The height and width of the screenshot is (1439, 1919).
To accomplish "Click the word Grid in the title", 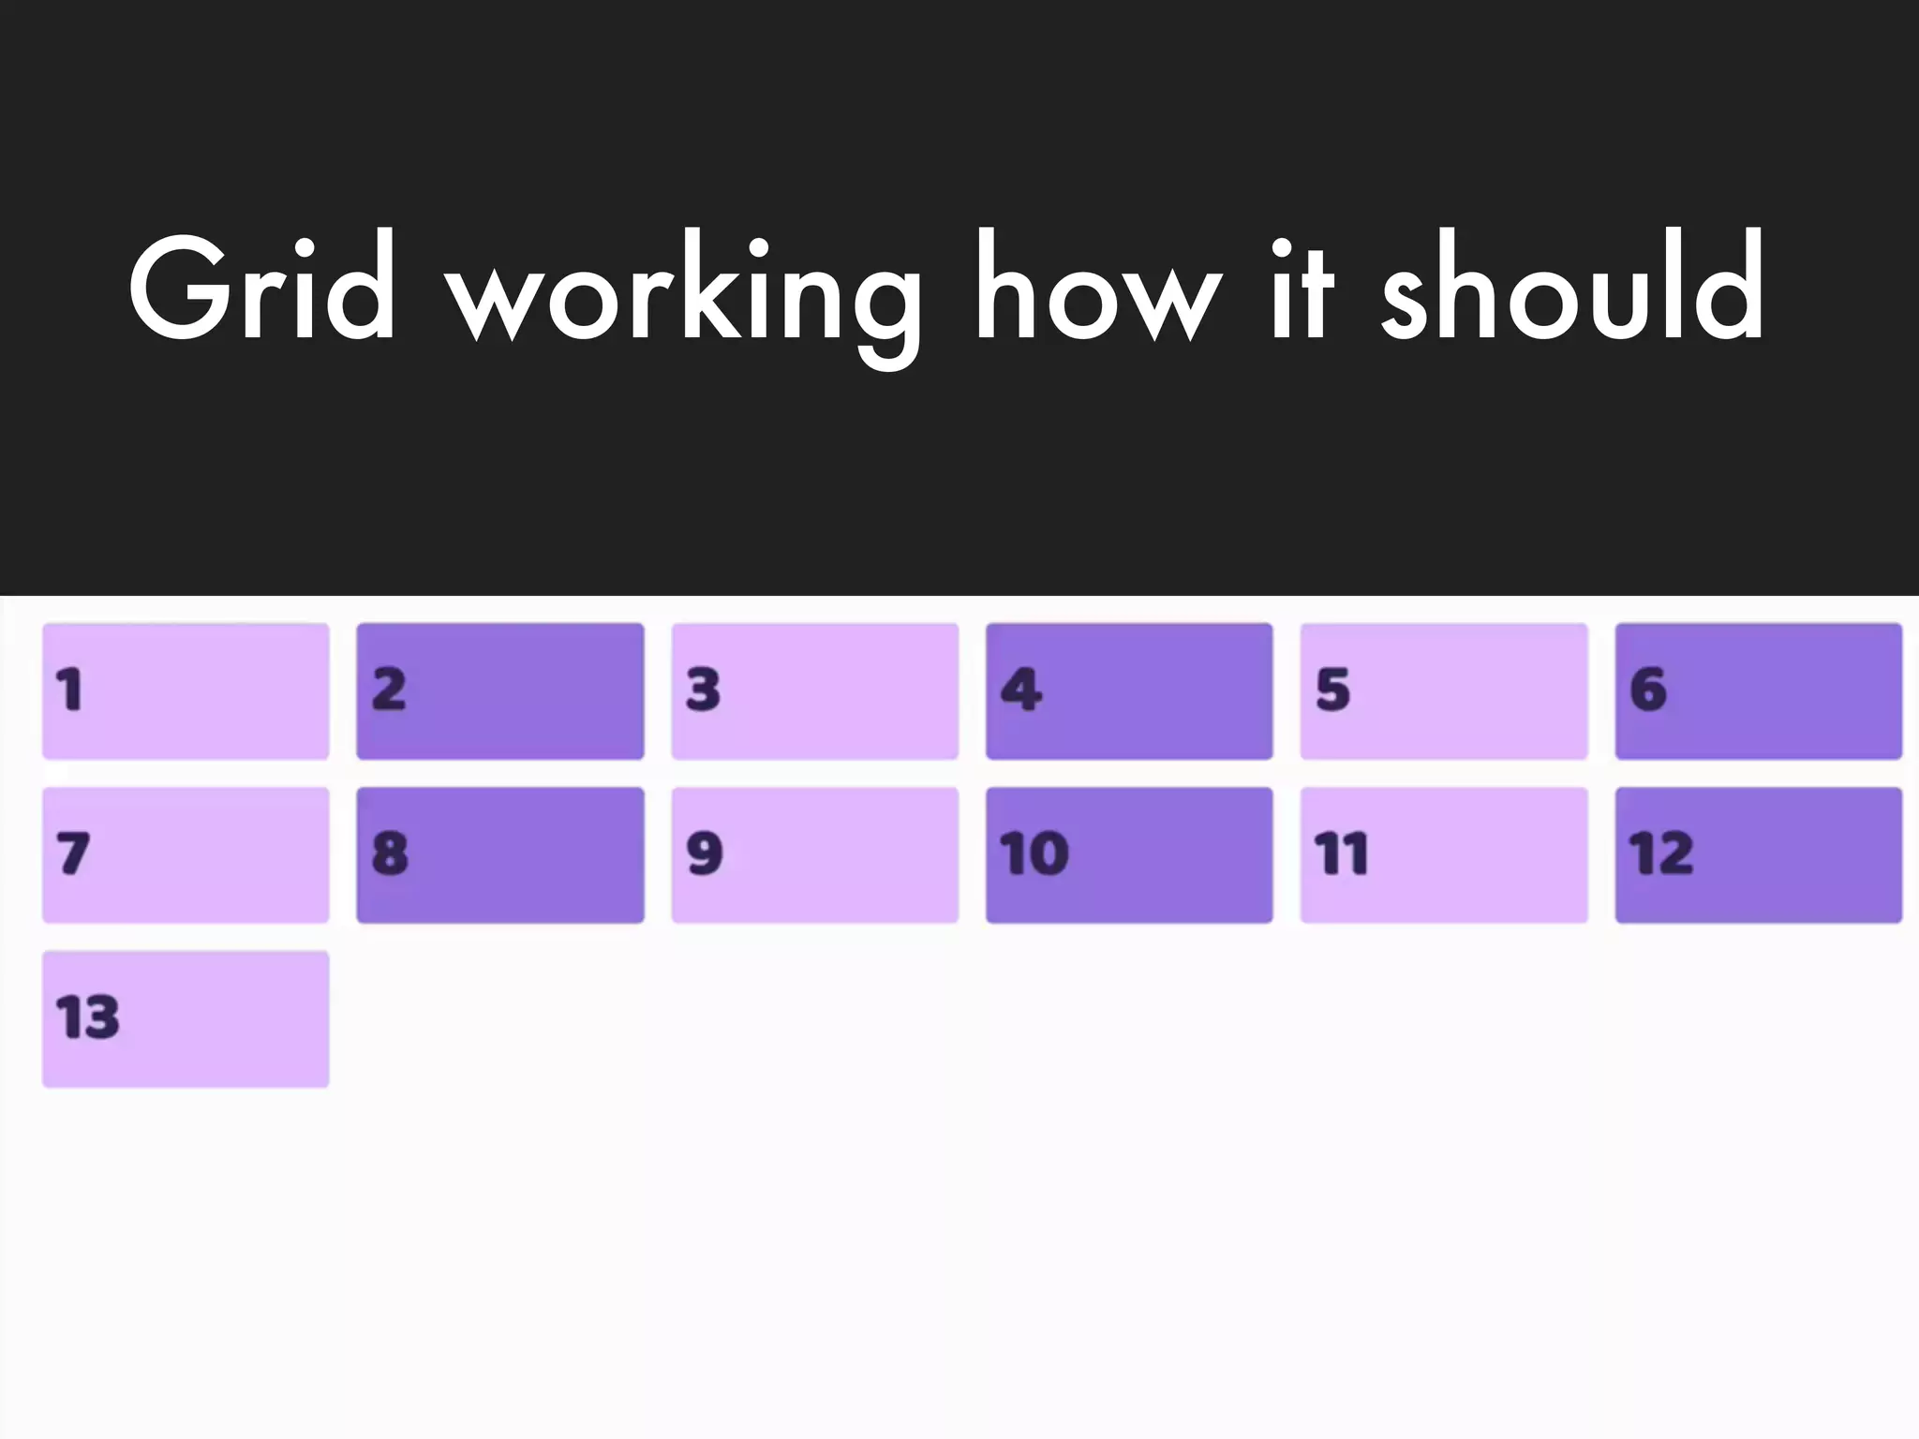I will coord(261,289).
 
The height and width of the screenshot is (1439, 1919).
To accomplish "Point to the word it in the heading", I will coord(1302,289).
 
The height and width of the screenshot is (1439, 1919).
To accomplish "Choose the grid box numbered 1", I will coord(186,691).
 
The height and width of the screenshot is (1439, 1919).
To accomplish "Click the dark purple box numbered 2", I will coord(500,691).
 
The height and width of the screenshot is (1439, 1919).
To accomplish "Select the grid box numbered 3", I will coord(815,691).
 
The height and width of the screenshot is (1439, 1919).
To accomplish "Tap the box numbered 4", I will coord(1129,691).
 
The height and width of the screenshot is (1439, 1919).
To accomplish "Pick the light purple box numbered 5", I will coord(1444,691).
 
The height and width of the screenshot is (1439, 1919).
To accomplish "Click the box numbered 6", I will coord(1759,691).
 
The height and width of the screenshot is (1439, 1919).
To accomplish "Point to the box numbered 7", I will coord(186,855).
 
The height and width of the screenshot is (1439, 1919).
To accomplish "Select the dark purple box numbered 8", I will coord(500,855).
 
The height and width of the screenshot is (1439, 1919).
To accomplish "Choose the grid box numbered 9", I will coord(815,855).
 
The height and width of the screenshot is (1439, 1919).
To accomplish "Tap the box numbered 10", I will coord(1129,855).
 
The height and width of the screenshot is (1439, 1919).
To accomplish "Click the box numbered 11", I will coord(1444,855).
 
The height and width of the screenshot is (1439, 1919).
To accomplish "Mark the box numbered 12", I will coord(1759,855).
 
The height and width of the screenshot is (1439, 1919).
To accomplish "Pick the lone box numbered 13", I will coord(186,1019).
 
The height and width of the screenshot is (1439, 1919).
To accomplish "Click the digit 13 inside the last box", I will coord(88,1018).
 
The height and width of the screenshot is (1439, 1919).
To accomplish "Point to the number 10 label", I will coord(1034,854).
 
